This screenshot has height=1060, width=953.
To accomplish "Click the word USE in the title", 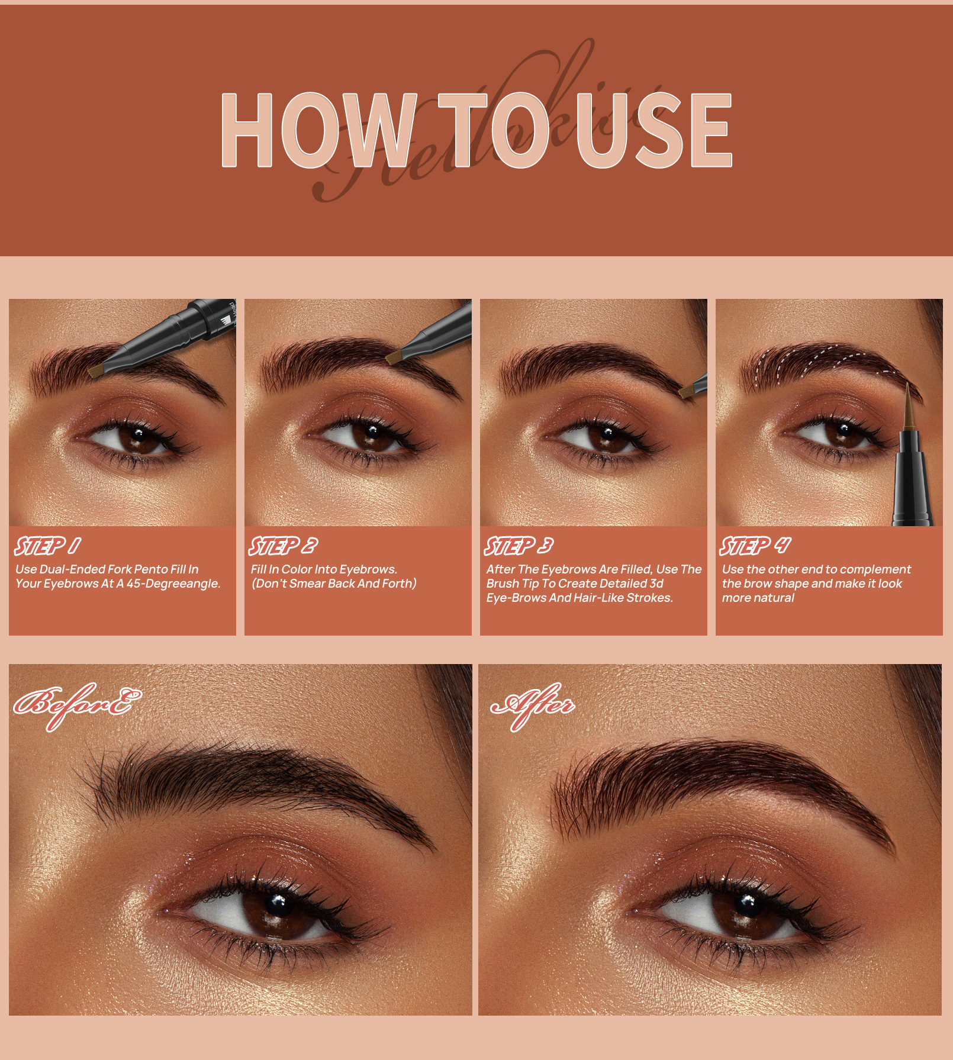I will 654,130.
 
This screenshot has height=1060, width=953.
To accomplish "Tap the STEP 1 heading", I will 48,546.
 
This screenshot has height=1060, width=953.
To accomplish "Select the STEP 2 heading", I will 283,546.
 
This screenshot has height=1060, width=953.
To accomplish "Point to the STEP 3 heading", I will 519,546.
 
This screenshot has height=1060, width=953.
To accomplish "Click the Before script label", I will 77,704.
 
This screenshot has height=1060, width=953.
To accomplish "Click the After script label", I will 533,704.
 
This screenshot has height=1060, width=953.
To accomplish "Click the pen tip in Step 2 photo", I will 394,356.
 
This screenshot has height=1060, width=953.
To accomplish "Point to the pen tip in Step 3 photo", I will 687,391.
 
